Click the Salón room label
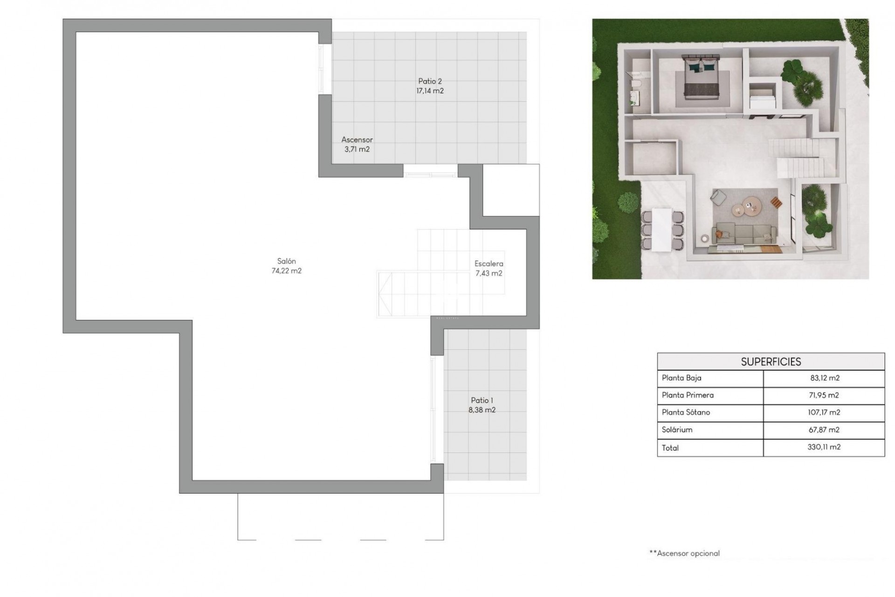pyautogui.click(x=286, y=261)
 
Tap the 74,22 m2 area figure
pyautogui.click(x=286, y=271)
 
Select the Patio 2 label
pyautogui.click(x=430, y=81)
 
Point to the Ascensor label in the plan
pyautogui.click(x=357, y=139)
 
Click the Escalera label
pyautogui.click(x=489, y=264)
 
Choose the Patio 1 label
pyautogui.click(x=482, y=400)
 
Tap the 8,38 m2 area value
pyautogui.click(x=482, y=410)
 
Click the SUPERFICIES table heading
pyautogui.click(x=771, y=361)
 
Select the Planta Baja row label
pyautogui.click(x=682, y=378)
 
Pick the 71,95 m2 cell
pyautogui.click(x=824, y=396)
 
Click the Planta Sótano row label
pyautogui.click(x=686, y=412)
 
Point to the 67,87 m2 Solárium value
pyautogui.click(x=824, y=430)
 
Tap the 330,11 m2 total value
pyautogui.click(x=824, y=447)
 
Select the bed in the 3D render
pyautogui.click(x=699, y=77)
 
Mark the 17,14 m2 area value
pyautogui.click(x=430, y=91)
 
